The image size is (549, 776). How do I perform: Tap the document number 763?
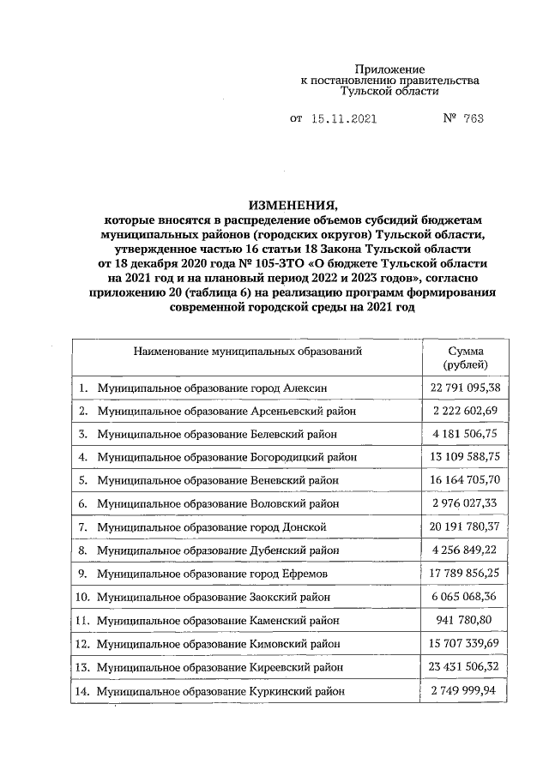(473, 119)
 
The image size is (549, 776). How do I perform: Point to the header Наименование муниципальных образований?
(248, 351)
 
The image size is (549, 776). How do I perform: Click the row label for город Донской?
(211, 526)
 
